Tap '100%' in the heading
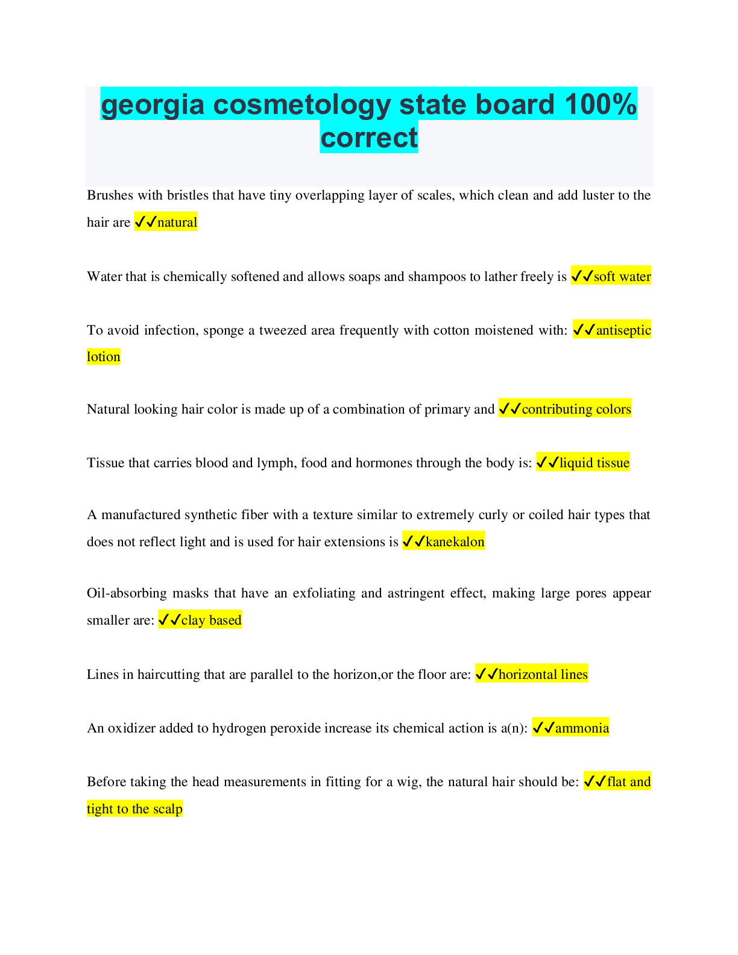coord(600,104)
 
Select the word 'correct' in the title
coord(368,137)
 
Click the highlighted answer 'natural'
coord(177,222)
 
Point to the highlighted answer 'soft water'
coord(622,277)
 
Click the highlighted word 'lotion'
coord(104,357)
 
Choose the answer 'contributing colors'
coord(576,409)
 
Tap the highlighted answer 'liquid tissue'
coord(594,463)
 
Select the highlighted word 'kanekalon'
coord(455,542)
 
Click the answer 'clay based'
coord(211,620)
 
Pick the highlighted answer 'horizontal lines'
coord(543,675)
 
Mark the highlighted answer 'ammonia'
coord(582,728)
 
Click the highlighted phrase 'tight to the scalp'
coord(134,809)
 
